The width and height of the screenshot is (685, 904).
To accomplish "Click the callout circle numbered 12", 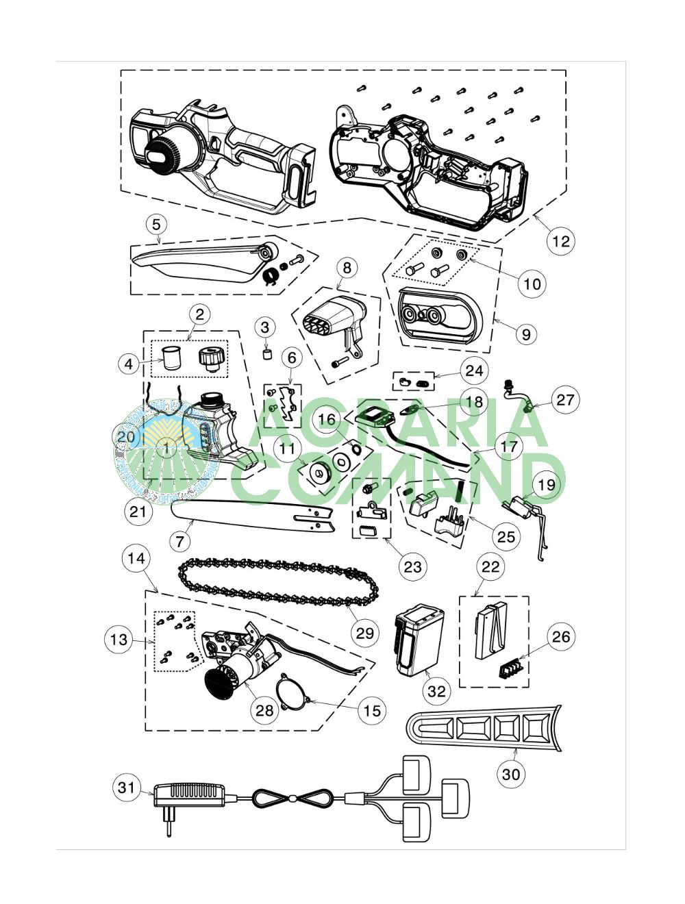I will (560, 241).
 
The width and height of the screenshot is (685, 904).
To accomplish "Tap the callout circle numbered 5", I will (156, 224).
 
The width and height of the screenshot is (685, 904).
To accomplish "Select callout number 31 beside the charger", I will (127, 788).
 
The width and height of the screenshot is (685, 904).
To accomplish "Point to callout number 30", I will (511, 774).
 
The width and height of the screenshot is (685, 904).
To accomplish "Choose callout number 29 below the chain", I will (365, 633).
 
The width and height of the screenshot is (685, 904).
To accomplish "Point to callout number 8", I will (347, 267).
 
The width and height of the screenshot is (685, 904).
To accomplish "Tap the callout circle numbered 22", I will (490, 566).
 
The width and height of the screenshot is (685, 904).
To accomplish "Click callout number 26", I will (560, 637).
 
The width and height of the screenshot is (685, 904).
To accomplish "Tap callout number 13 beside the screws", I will (119, 640).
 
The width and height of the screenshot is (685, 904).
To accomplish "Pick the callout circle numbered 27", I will (564, 399).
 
